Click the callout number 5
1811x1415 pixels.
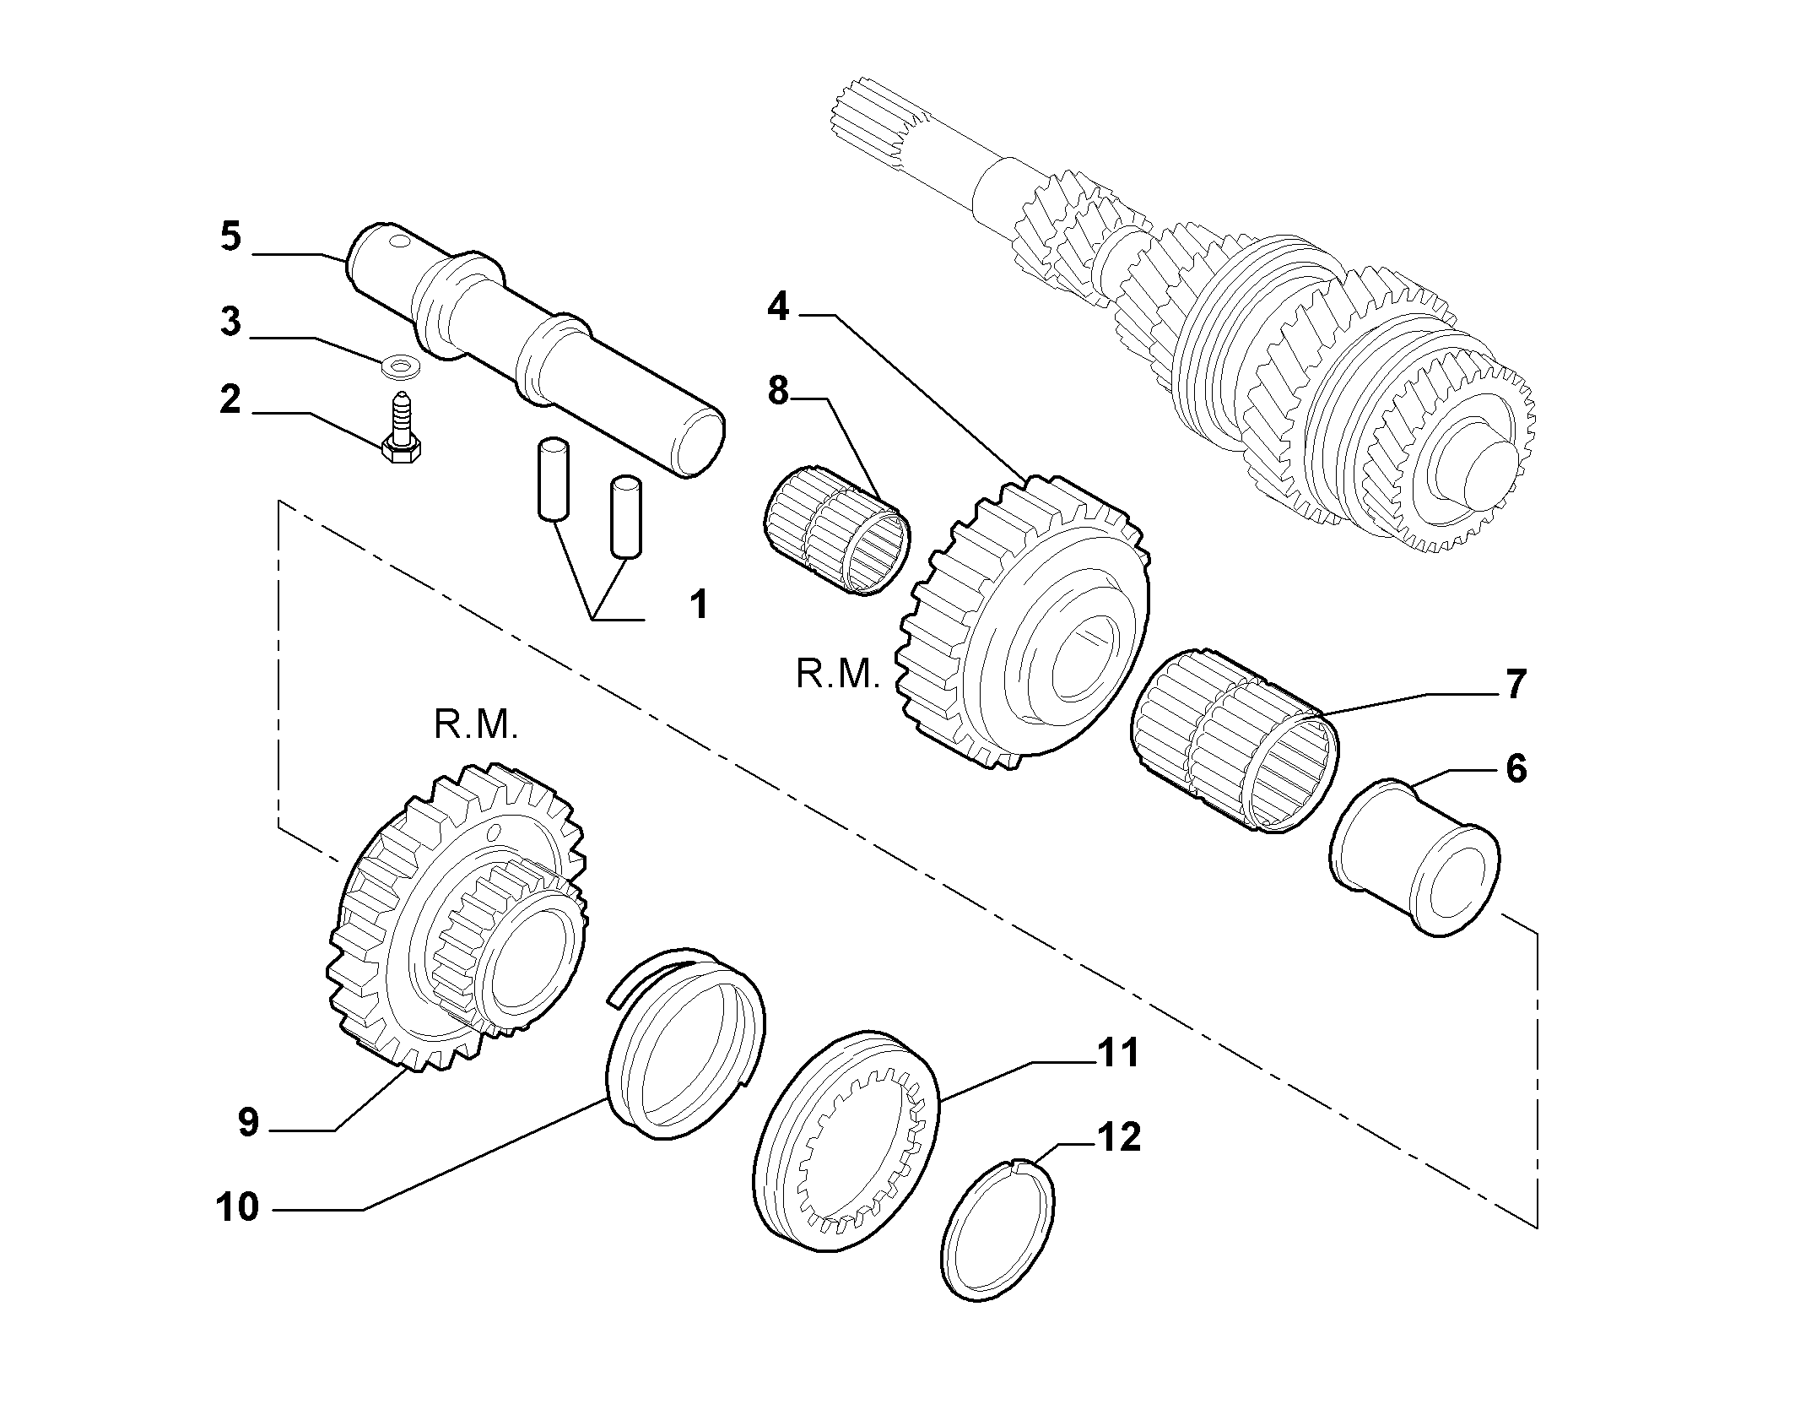pyautogui.click(x=230, y=236)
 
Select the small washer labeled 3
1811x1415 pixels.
pyautogui.click(x=402, y=367)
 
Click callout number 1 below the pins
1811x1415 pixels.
pyautogui.click(x=698, y=605)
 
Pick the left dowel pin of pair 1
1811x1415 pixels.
pyautogui.click(x=552, y=478)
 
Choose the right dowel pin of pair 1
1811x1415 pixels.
pyautogui.click(x=625, y=518)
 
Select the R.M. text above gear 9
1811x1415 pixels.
pyautogui.click(x=476, y=725)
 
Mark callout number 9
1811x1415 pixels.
pyautogui.click(x=247, y=1122)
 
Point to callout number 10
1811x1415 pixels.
pyautogui.click(x=237, y=1206)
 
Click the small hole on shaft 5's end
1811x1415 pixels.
pyautogui.click(x=399, y=244)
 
